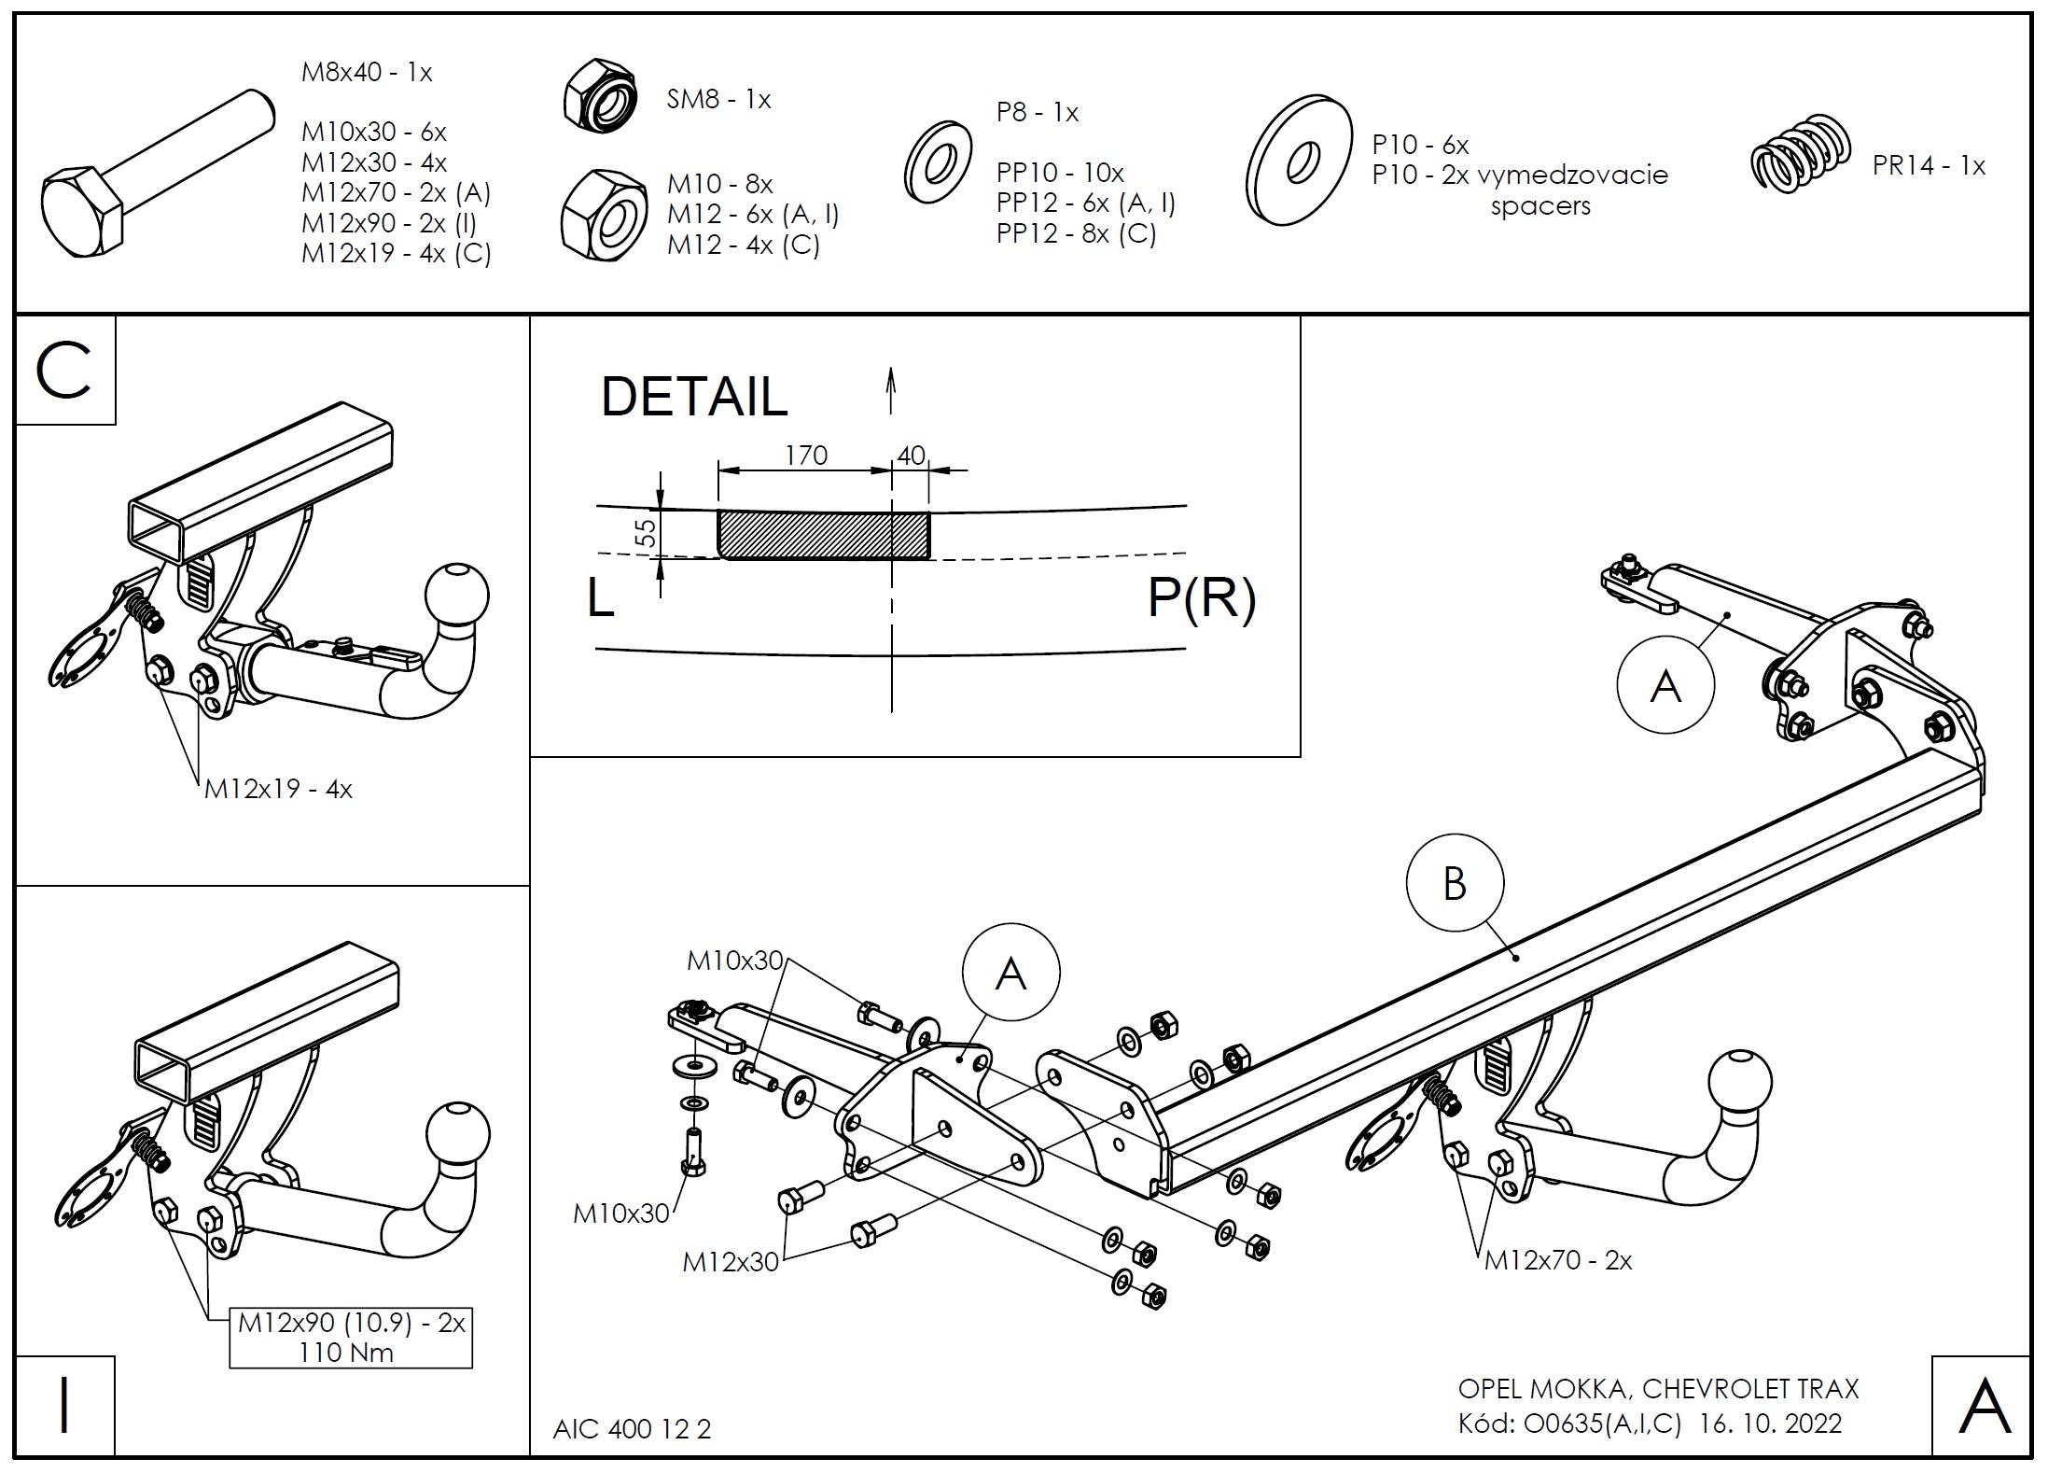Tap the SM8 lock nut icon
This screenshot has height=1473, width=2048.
coord(600,95)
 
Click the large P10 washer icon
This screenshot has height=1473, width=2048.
coord(1299,160)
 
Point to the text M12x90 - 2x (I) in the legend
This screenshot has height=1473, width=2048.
coord(388,223)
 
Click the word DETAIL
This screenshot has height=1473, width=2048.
coord(694,397)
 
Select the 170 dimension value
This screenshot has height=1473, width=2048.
coord(805,456)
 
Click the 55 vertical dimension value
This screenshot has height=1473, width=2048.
coord(645,533)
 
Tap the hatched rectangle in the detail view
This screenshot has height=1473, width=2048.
coord(823,535)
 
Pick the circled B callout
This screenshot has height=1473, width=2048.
coord(1454,883)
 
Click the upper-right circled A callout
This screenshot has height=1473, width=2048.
coord(1665,686)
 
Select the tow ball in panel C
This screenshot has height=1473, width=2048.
coord(457,596)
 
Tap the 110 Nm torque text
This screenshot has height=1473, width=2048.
coord(346,1352)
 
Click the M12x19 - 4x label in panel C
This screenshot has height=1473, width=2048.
coord(278,789)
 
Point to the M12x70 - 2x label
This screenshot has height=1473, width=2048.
coord(1558,1260)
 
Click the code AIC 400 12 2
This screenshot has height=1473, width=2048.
coord(632,1429)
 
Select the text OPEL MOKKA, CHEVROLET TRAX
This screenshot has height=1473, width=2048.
coord(1658,1388)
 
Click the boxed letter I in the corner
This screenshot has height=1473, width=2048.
coord(64,1405)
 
